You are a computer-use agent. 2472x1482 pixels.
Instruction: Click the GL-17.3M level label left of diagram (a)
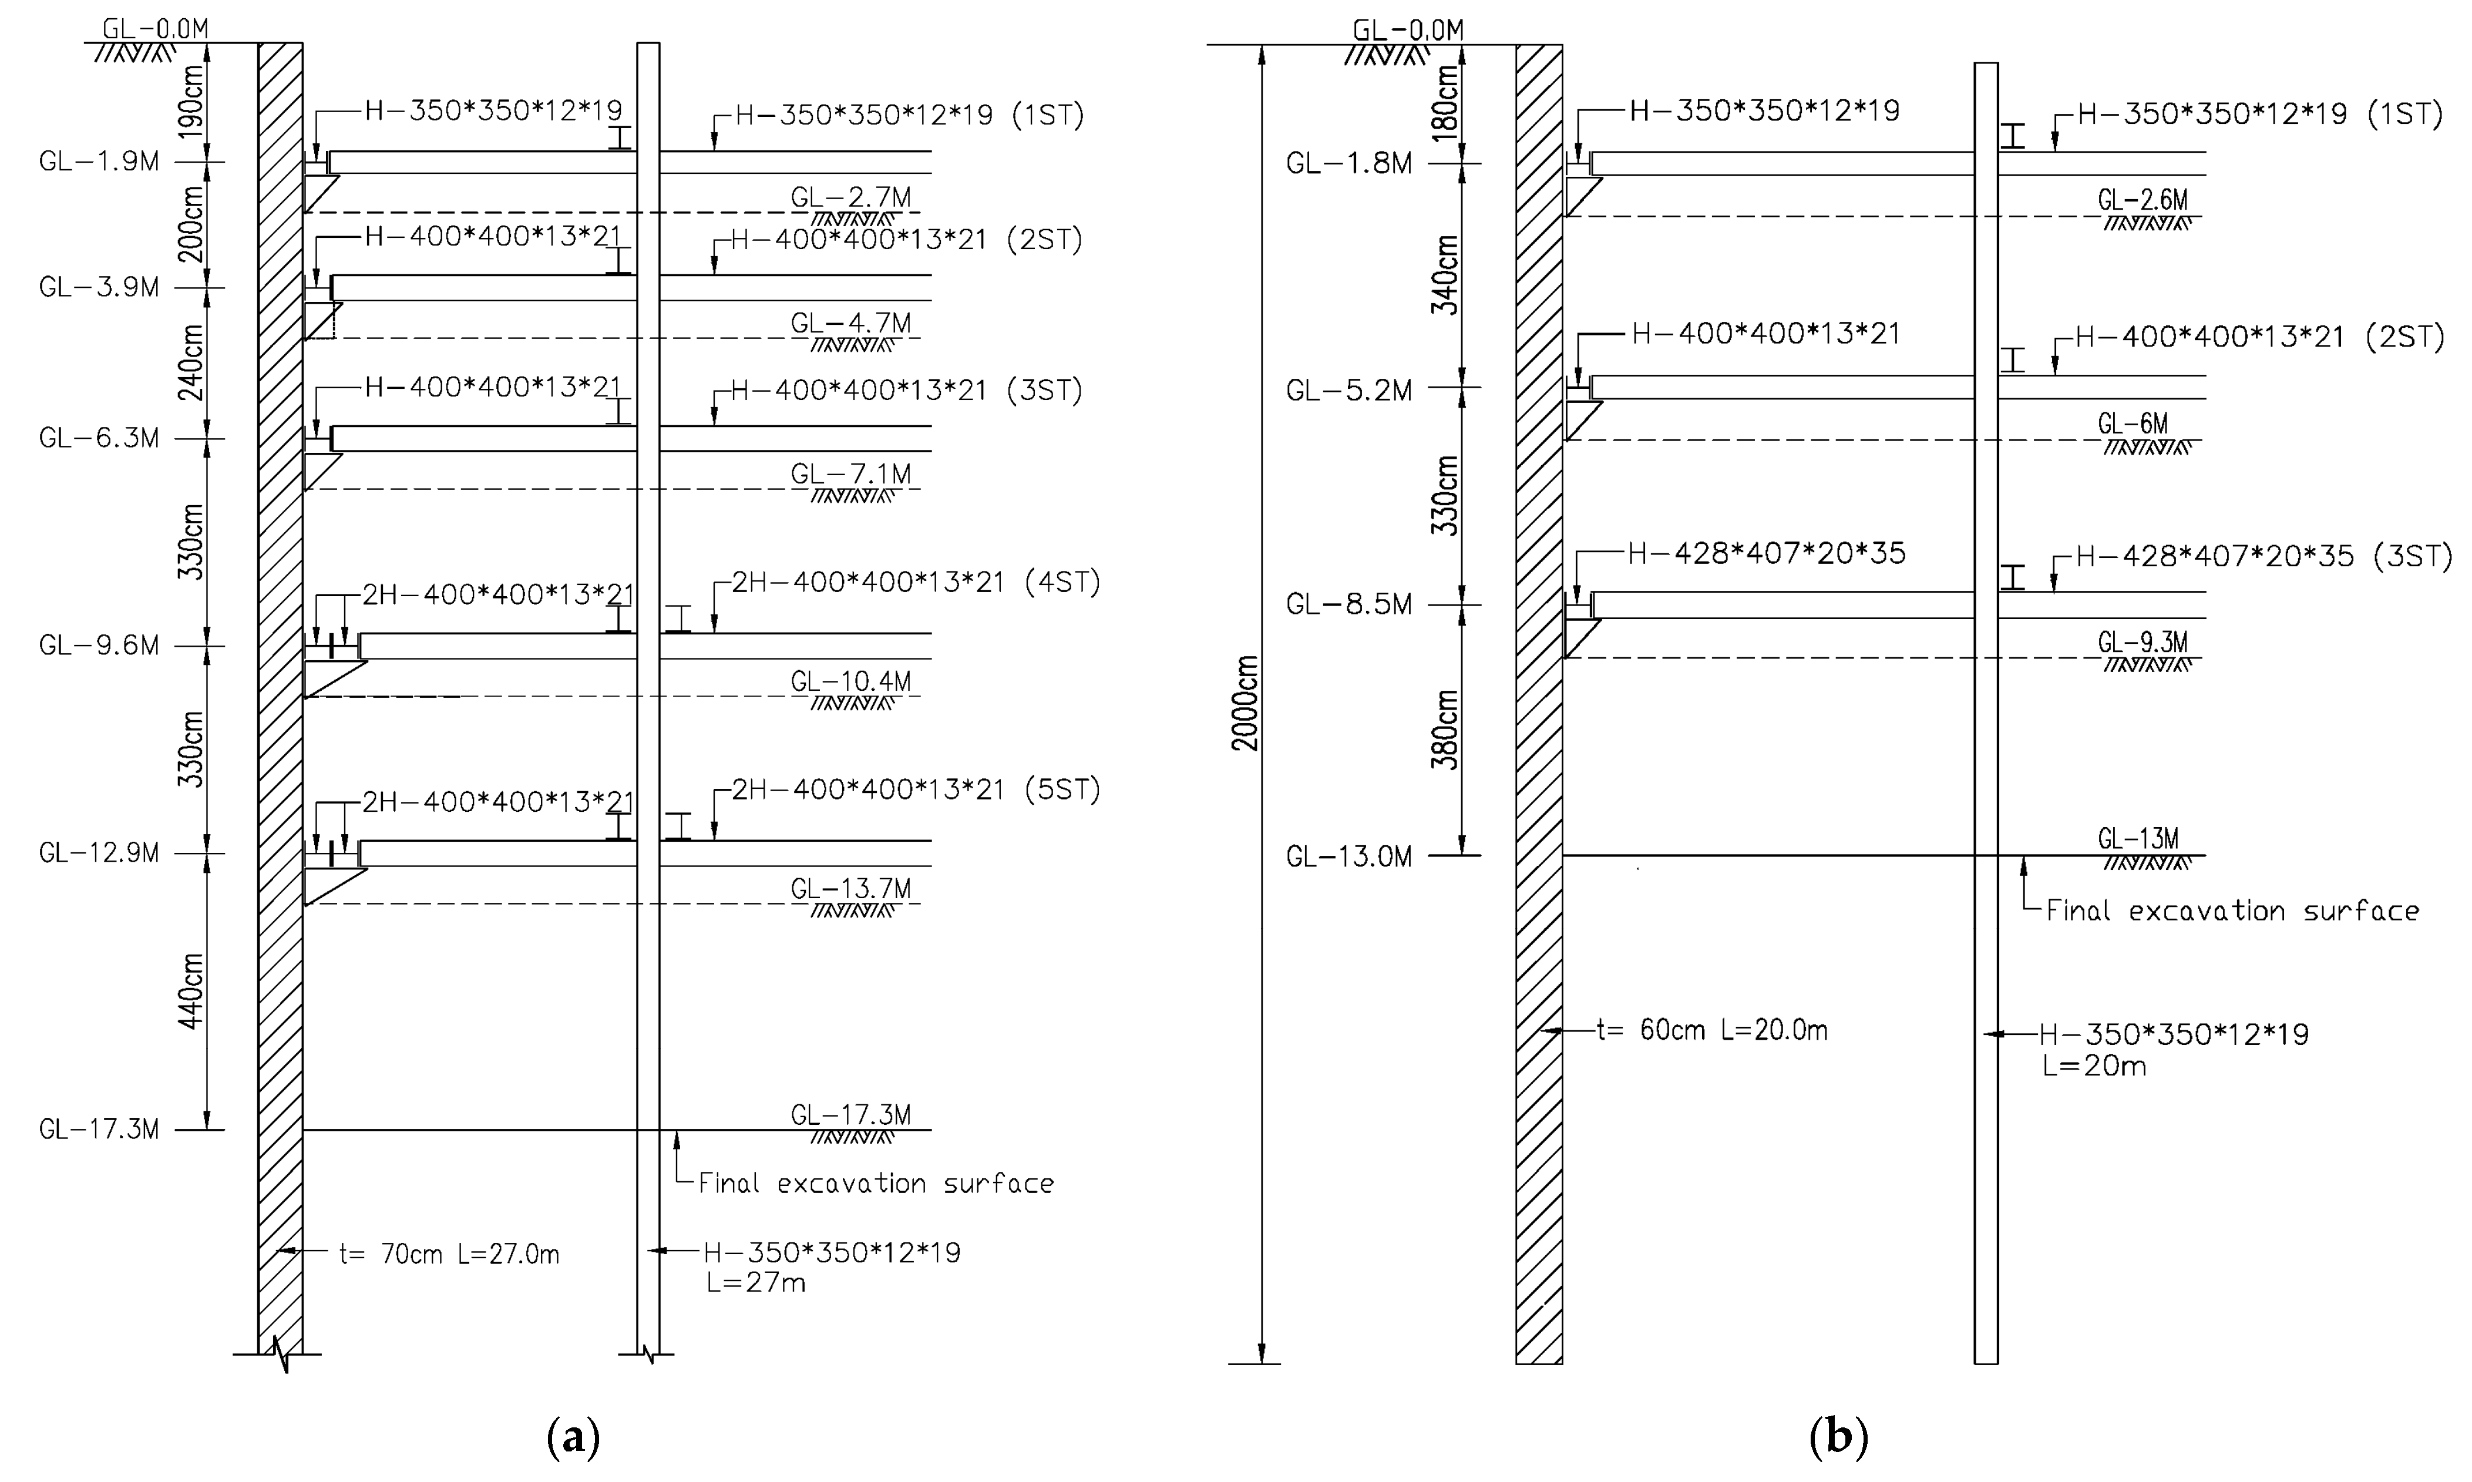point(99,1130)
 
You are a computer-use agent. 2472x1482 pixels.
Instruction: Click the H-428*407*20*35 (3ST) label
point(2264,556)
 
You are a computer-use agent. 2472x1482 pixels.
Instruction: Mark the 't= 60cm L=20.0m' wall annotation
point(1712,1030)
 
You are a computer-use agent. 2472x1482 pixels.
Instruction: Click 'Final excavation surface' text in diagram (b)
point(2232,911)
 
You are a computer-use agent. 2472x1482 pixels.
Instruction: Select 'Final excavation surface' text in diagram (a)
point(876,1184)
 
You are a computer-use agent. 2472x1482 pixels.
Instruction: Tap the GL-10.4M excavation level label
point(850,681)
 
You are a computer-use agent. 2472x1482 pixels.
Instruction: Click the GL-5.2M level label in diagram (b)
point(1349,389)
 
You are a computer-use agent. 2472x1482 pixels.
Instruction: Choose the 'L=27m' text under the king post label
point(756,1282)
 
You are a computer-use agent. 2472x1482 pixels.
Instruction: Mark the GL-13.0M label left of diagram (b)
point(1349,857)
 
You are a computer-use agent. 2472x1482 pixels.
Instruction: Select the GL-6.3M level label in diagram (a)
point(99,438)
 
